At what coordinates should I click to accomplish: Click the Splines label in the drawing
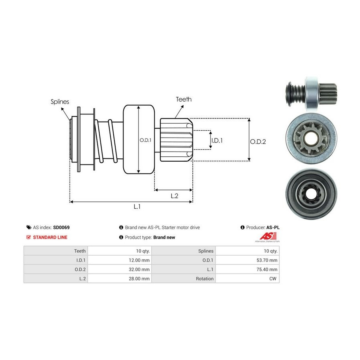[x=60, y=102]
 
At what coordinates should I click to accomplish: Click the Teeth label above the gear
[x=184, y=99]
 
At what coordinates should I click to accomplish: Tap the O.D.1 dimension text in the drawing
[x=145, y=140]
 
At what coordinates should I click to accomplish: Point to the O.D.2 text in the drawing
[x=258, y=141]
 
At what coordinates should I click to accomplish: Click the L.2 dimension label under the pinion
[x=174, y=196]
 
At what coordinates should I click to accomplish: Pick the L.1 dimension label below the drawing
[x=137, y=207]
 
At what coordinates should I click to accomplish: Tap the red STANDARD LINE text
[x=50, y=237]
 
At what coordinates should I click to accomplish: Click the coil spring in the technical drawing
[x=107, y=141]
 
